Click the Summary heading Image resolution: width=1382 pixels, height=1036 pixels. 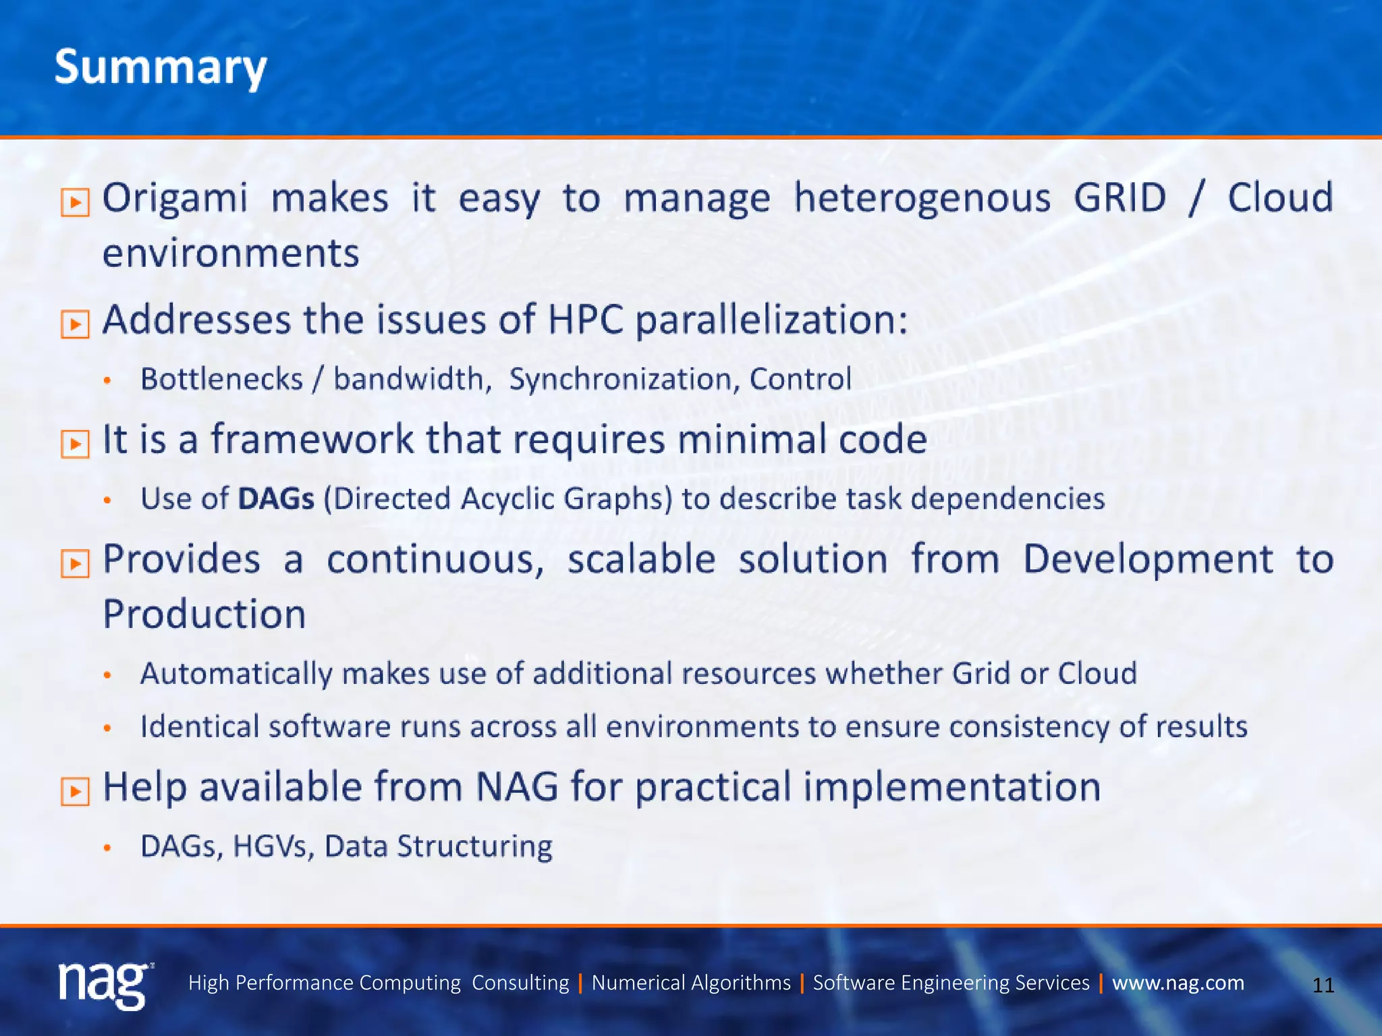[x=161, y=67]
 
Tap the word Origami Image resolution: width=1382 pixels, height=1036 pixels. [x=175, y=200]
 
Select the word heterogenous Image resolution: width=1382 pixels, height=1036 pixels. [x=922, y=200]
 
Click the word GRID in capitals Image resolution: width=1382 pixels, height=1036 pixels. [x=1120, y=198]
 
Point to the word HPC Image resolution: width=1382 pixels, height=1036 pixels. [x=585, y=320]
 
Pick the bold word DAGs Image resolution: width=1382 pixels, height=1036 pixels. [x=276, y=499]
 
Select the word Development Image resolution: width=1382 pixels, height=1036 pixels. [x=1147, y=560]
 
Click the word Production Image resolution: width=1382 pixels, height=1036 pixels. [x=204, y=614]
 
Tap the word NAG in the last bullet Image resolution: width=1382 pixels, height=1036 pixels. [x=517, y=787]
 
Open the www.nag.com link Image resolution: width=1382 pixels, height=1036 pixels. [x=1178, y=983]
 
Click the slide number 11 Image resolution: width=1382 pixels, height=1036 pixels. [x=1323, y=985]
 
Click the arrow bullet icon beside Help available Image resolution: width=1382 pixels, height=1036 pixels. [x=75, y=791]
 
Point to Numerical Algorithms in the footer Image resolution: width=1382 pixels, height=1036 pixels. [x=690, y=983]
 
